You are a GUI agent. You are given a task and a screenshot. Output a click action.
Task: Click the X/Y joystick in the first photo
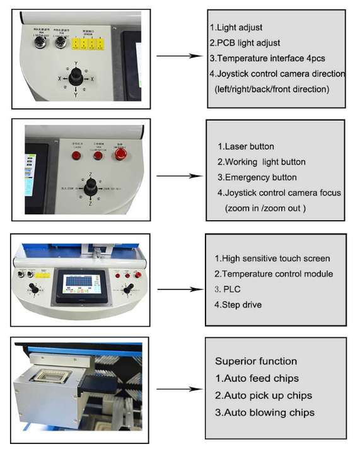pos(75,78)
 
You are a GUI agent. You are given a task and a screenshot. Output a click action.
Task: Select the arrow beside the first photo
pos(178,56)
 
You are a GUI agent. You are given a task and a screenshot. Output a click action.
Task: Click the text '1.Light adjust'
pos(236,28)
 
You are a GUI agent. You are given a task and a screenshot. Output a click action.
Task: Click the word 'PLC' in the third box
pos(236,289)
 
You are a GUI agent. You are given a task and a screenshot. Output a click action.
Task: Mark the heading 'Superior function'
pos(255,361)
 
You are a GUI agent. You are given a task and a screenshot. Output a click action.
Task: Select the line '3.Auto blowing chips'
pos(265,412)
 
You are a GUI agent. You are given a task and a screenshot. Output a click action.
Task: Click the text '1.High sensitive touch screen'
pos(272,259)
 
